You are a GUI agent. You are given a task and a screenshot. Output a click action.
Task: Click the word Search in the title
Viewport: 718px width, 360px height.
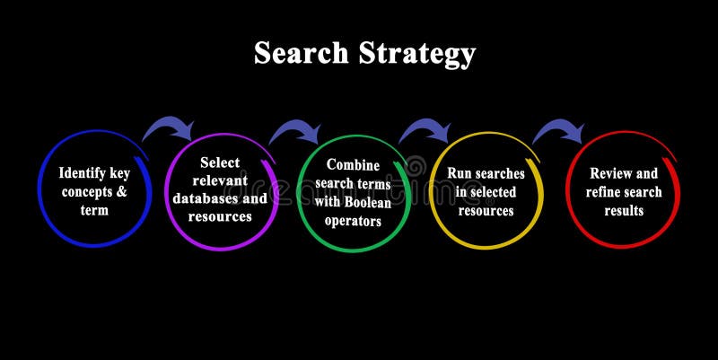[301, 54]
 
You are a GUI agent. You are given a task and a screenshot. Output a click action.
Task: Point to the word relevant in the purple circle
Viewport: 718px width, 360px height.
[221, 180]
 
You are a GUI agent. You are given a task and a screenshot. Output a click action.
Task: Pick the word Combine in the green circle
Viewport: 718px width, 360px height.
[354, 165]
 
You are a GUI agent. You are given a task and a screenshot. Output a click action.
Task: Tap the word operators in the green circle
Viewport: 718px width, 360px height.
[354, 222]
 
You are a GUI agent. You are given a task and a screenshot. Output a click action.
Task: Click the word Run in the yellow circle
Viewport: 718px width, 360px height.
[460, 173]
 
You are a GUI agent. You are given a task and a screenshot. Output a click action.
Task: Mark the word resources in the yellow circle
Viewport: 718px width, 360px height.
[486, 211]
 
